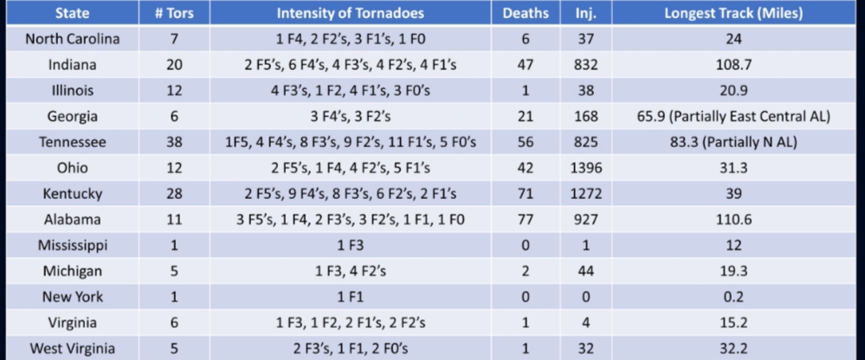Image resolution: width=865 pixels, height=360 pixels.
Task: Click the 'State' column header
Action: tap(72, 14)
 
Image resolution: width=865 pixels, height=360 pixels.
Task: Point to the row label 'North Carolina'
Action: tap(73, 39)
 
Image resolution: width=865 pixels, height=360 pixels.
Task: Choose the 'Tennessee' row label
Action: tap(73, 142)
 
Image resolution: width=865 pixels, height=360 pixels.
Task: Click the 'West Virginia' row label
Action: tap(73, 348)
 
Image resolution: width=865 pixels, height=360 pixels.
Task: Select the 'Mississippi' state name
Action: tap(73, 245)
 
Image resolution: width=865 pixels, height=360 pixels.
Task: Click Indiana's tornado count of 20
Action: tap(174, 65)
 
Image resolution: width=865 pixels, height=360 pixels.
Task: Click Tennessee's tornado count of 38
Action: tap(174, 142)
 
